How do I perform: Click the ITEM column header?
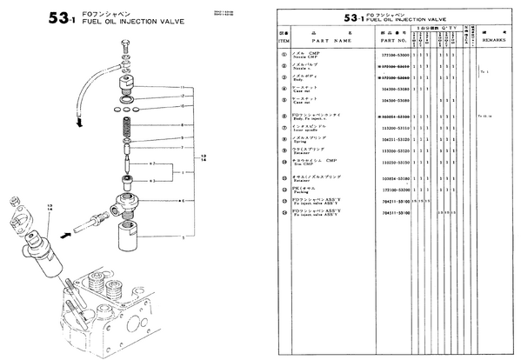[x=284, y=40]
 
